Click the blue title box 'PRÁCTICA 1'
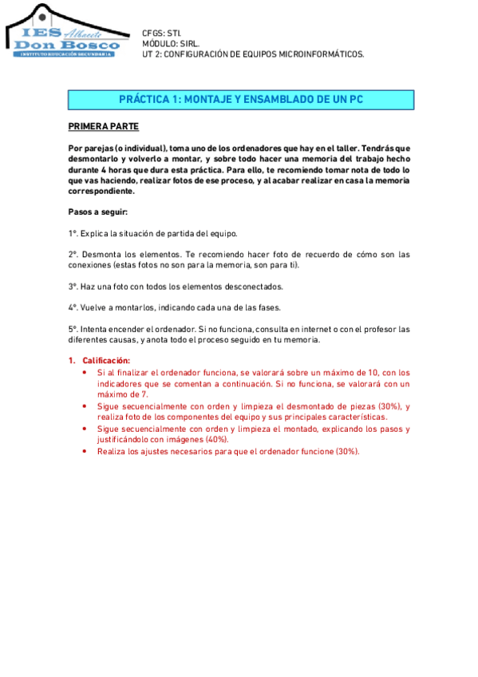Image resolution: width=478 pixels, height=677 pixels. [240, 100]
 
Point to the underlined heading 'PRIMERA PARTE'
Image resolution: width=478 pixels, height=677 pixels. [103, 127]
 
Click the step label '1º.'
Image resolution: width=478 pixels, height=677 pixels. [73, 233]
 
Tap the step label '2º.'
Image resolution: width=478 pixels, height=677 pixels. [73, 254]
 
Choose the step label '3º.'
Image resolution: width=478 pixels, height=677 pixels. [73, 286]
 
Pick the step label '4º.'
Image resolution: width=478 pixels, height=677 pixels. [73, 307]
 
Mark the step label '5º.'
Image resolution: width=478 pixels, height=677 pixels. [73, 329]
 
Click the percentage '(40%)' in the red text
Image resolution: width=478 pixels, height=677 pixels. [215, 439]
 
